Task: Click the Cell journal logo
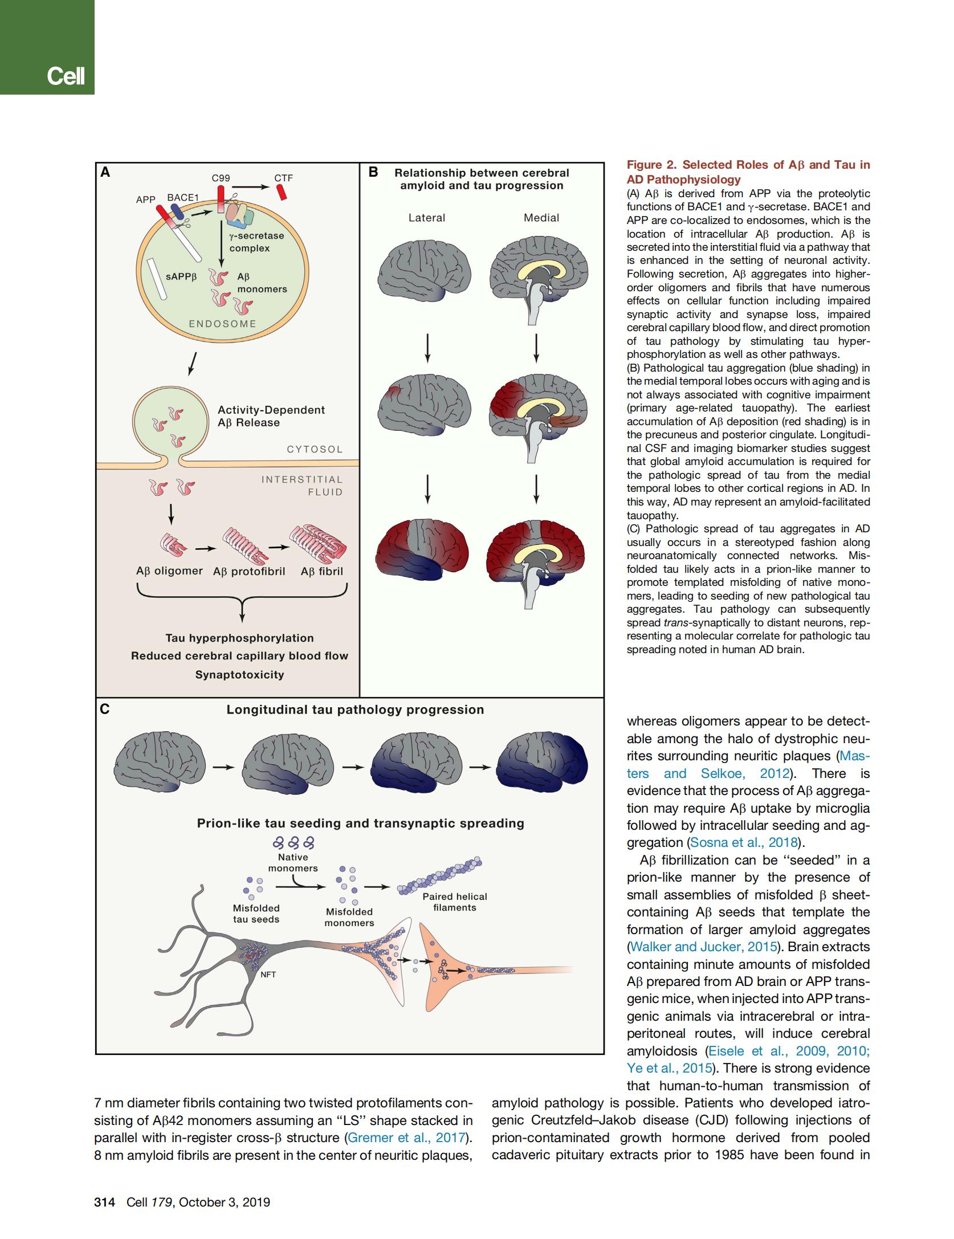pos(66,75)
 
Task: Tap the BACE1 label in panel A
pos(182,197)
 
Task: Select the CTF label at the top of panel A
pos(283,178)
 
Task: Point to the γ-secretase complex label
pos(256,242)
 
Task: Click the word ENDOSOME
pos(223,324)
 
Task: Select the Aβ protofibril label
pos(249,572)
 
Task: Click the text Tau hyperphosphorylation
pos(239,638)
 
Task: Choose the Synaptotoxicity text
pos(239,674)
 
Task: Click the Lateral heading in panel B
pos(427,218)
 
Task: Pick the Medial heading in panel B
pos(541,218)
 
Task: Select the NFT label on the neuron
pos(268,975)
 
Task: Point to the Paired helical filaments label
pos(455,902)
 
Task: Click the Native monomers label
pos(293,863)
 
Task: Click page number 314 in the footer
pos(105,1202)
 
